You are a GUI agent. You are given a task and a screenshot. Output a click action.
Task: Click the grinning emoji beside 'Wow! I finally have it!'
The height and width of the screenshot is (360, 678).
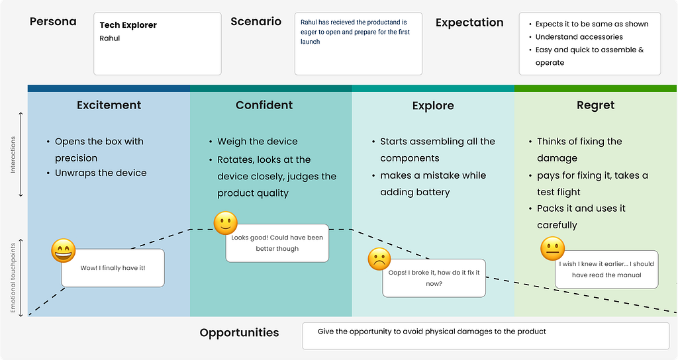click(63, 251)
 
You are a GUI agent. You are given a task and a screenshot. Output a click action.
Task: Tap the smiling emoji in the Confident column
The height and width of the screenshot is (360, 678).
click(226, 223)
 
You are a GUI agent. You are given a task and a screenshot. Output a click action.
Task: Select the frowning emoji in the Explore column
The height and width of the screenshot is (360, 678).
click(379, 259)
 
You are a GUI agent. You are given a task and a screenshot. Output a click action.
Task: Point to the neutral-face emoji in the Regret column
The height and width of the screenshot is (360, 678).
click(553, 249)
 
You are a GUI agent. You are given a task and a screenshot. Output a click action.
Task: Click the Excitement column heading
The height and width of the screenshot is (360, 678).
click(109, 105)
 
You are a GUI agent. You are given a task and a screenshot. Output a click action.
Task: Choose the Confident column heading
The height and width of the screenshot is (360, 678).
click(264, 105)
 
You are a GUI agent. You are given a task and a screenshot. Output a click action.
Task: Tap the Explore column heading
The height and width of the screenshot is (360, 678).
click(433, 105)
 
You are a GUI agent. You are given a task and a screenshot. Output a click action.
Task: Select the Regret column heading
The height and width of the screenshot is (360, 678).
click(595, 105)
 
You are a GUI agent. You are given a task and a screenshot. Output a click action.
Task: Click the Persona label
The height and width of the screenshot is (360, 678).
click(53, 22)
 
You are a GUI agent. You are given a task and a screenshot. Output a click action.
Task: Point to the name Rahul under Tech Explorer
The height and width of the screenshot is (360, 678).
click(110, 38)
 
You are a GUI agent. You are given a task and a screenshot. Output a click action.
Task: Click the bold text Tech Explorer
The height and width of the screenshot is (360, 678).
click(128, 25)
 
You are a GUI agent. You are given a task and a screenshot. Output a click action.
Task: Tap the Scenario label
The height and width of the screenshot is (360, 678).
click(256, 22)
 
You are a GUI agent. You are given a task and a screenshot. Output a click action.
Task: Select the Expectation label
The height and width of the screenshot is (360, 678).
click(469, 22)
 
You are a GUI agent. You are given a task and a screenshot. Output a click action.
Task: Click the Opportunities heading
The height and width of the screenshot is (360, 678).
click(239, 333)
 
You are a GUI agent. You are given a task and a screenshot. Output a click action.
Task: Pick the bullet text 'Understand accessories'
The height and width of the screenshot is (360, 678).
click(579, 37)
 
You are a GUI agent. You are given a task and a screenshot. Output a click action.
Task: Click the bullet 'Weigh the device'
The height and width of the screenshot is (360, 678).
click(258, 142)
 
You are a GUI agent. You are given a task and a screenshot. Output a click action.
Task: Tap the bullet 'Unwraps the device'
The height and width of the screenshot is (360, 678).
click(101, 173)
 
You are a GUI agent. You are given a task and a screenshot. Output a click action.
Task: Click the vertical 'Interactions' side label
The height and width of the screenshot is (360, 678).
click(13, 155)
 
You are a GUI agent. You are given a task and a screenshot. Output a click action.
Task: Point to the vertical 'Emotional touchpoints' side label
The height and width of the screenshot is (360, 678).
click(13, 278)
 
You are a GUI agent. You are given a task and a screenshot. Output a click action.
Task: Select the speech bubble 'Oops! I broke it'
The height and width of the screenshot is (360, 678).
click(434, 279)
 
